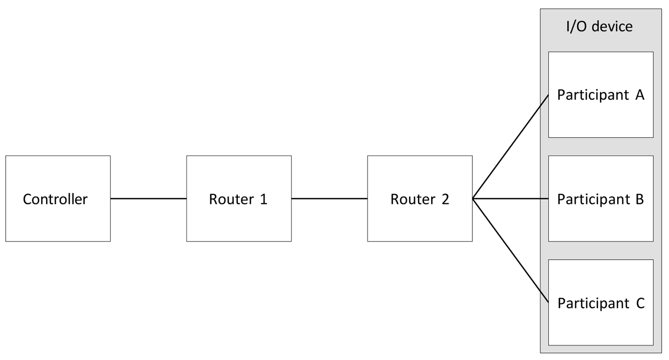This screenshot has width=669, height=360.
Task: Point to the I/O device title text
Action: pyautogui.click(x=600, y=27)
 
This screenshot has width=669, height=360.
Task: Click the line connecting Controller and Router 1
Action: pyautogui.click(x=148, y=199)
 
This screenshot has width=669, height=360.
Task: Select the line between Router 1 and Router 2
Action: pyautogui.click(x=329, y=199)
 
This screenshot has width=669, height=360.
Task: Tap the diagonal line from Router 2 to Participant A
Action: pyautogui.click(x=510, y=147)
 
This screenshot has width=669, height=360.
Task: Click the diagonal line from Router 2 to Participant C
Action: pyautogui.click(x=510, y=250)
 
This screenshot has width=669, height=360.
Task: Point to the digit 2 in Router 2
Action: pyautogui.click(x=445, y=199)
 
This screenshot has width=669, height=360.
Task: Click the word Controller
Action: pyautogui.click(x=55, y=199)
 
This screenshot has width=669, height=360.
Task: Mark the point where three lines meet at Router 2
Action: pyautogui.click(x=473, y=199)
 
